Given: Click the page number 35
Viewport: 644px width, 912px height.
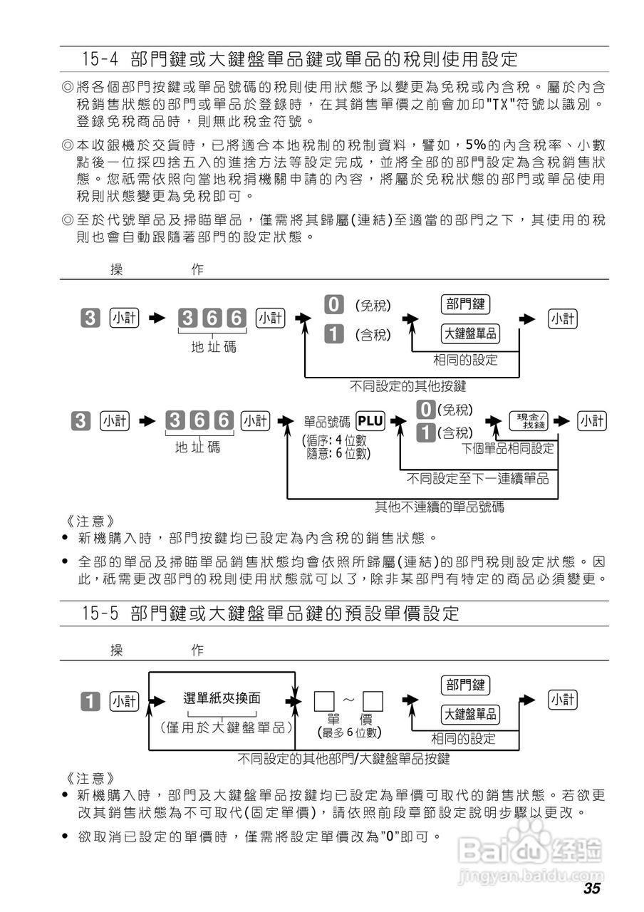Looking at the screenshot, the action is (591, 888).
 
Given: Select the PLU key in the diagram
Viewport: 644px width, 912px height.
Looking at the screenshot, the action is (370, 421).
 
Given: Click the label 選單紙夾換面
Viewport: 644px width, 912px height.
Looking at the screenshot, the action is (222, 698).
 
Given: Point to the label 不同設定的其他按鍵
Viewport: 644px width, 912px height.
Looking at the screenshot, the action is (407, 386).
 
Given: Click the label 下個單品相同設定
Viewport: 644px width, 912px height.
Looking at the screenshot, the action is (507, 449).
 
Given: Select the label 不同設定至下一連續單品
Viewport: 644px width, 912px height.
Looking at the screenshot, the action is (477, 478).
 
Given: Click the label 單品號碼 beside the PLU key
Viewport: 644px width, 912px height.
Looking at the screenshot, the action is (327, 422).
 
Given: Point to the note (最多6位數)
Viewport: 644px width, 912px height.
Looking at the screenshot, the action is (348, 732).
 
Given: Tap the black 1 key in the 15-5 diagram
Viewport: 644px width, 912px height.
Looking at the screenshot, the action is (91, 701).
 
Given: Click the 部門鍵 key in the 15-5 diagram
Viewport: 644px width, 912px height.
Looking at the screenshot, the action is (466, 685).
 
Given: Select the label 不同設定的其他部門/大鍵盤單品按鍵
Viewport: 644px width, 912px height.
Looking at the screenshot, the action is (343, 759).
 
